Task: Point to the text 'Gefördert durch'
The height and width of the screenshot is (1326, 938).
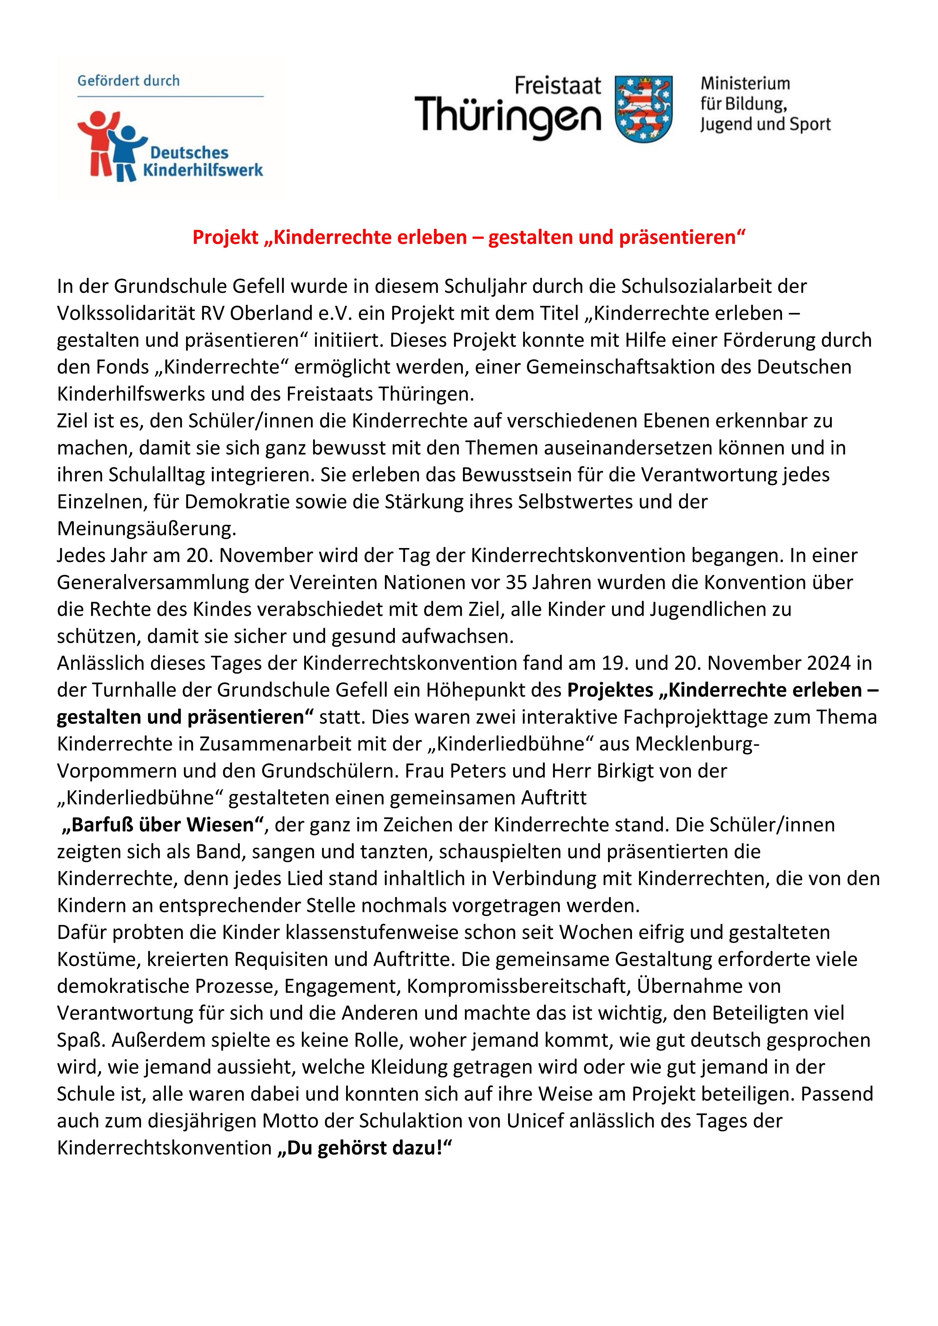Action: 128,81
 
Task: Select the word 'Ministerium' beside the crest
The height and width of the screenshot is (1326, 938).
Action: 745,84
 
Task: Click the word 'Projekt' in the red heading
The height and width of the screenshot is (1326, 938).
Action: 225,237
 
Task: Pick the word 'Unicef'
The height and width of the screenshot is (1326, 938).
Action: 535,1120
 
